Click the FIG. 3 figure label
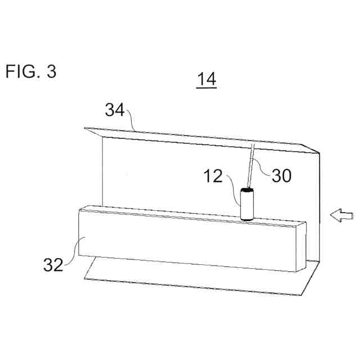click(31, 72)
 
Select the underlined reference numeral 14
click(206, 80)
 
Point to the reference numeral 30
click(281, 176)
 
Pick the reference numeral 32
click(53, 264)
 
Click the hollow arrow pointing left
click(341, 214)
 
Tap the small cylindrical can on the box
click(247, 205)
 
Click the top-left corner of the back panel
click(85, 128)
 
